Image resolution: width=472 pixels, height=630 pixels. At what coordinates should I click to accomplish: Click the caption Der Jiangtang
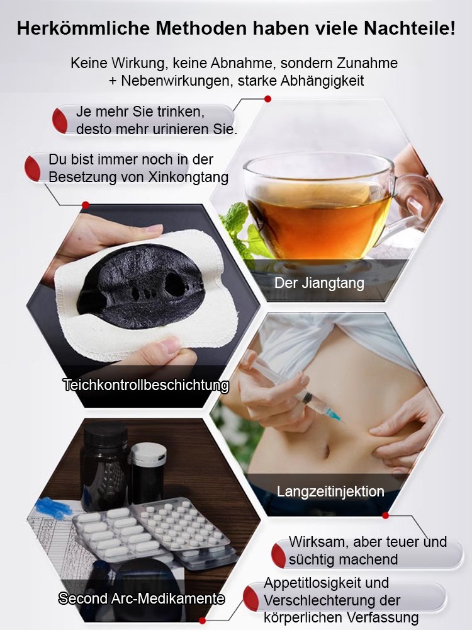319,283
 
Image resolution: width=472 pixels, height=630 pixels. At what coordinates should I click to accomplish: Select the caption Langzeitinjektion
330,491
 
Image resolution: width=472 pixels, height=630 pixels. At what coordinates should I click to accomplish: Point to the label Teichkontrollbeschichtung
145,385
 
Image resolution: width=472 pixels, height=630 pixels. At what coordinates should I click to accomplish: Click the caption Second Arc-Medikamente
142,598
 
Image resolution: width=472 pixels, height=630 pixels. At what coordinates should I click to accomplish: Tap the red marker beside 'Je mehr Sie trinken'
60,120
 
